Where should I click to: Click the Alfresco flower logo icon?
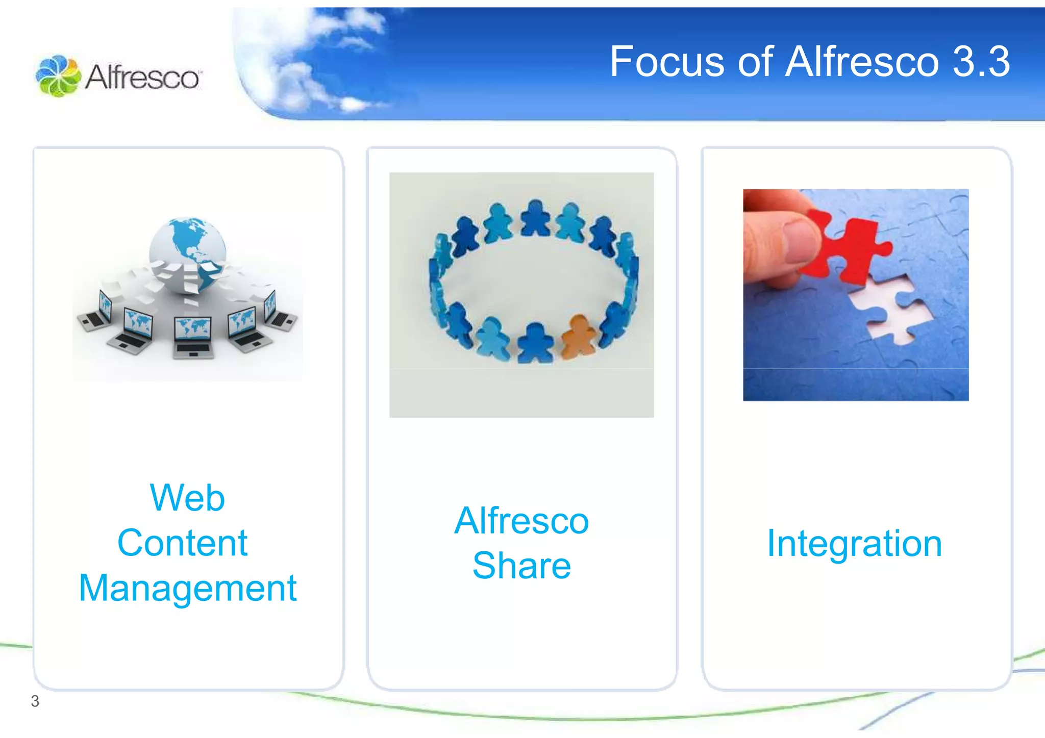(58, 76)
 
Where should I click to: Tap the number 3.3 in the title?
(981, 62)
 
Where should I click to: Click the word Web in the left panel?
(187, 498)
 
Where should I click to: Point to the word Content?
(182, 543)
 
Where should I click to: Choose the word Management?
(187, 588)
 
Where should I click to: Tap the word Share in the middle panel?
(521, 566)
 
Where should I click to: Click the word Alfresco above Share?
(521, 521)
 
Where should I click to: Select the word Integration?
(855, 544)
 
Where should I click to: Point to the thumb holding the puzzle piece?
(796, 240)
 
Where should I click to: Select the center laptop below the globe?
(192, 337)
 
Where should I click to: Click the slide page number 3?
(35, 701)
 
